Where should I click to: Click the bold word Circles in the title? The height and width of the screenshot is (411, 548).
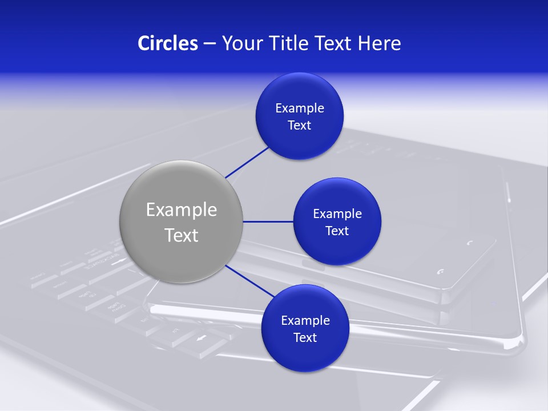pos(168,43)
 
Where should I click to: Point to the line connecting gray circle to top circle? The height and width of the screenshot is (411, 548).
pos(248,162)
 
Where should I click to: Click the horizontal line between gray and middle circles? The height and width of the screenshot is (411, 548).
pos(268,221)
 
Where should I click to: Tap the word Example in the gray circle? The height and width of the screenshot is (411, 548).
pos(182,210)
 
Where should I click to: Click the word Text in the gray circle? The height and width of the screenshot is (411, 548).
pos(182,235)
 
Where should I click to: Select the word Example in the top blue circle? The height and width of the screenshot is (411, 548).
pos(300,108)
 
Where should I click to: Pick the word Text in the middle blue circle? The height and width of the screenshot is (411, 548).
pos(337,231)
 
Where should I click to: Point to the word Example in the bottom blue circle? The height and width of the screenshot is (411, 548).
pos(305,321)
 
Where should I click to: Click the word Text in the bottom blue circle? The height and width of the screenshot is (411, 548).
pos(305,338)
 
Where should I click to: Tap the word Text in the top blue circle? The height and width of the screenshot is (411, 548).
pos(300,126)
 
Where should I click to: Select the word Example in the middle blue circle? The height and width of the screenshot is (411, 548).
pos(337,214)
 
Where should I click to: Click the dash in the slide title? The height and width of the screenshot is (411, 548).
pos(209,43)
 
